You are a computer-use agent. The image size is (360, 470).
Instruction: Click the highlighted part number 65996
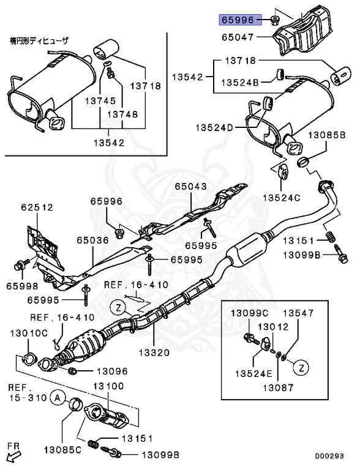[x=238, y=20]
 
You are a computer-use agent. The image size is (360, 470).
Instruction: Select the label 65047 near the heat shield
[x=238, y=38]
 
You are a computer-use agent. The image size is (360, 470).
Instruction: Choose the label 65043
[x=191, y=186]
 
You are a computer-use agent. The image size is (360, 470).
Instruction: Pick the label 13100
[x=108, y=387]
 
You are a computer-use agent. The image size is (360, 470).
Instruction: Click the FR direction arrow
[x=13, y=454]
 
